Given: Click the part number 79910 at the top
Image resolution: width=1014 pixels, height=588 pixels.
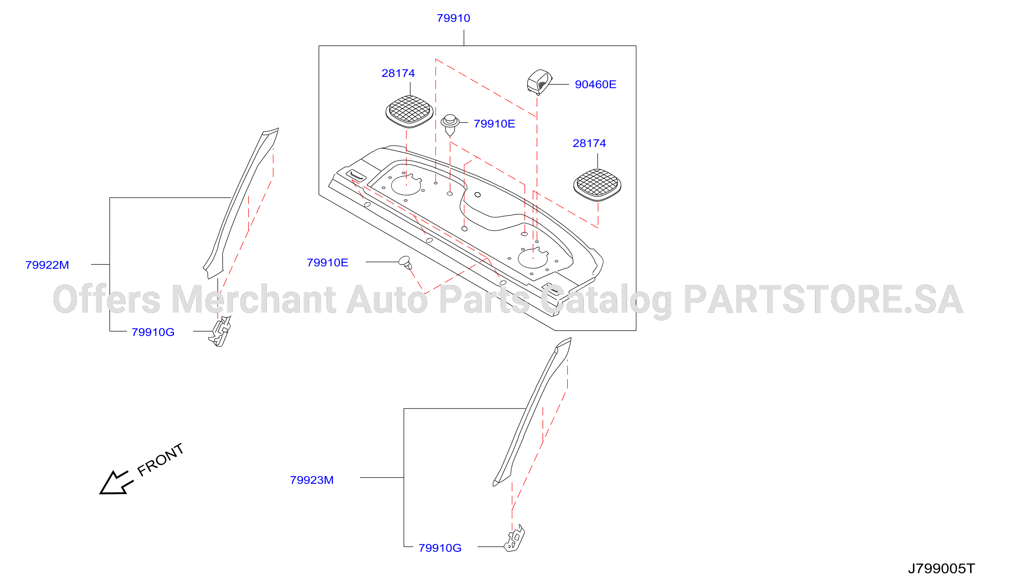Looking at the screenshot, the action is [x=453, y=18].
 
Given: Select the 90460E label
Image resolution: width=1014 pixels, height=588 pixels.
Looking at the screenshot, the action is [x=595, y=84].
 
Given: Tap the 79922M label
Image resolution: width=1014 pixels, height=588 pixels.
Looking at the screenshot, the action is [x=47, y=265].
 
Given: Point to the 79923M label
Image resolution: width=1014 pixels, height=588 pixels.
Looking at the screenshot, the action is [x=312, y=480].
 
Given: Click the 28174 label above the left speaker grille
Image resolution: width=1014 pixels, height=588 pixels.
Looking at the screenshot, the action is [x=398, y=73].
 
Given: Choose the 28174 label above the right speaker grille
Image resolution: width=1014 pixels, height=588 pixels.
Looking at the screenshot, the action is [x=589, y=143].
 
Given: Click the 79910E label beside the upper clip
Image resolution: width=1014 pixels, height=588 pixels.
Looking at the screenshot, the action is [x=494, y=124].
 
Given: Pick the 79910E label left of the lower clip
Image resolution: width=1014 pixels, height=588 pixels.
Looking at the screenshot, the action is [x=327, y=263].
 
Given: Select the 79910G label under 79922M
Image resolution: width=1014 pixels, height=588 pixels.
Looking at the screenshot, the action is [x=153, y=332].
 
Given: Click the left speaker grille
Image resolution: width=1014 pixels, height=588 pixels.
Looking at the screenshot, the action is [x=409, y=111].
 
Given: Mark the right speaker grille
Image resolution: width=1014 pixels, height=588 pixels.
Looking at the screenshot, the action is [x=597, y=185].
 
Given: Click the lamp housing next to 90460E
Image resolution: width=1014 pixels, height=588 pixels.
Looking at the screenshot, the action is [x=539, y=82].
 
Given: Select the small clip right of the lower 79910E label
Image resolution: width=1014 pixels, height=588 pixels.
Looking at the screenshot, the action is [x=405, y=263].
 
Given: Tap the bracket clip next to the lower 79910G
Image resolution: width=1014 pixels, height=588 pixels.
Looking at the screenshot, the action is [x=514, y=538].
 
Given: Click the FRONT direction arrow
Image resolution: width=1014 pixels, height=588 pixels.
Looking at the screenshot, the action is [x=116, y=483].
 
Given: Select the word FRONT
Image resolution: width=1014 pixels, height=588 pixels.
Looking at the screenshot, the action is [x=161, y=460].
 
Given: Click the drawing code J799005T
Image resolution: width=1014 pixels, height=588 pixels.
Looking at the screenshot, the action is [x=941, y=569].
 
